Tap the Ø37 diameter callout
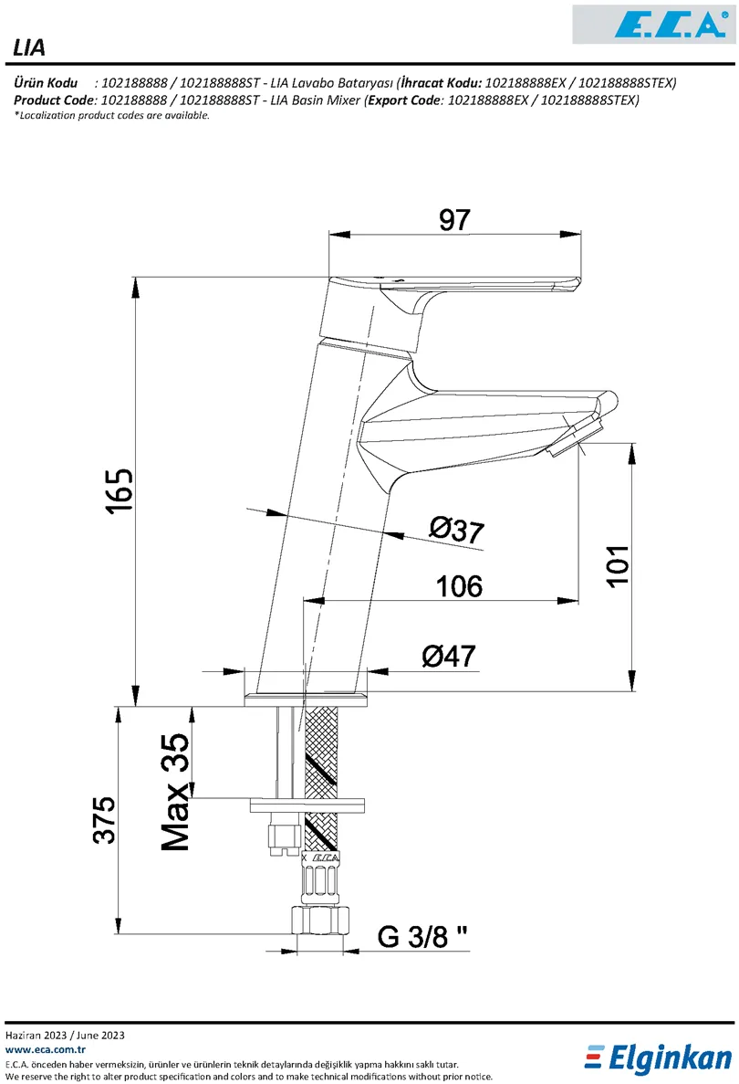[x=455, y=529]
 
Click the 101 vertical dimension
[x=618, y=567]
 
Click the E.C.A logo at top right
[x=652, y=24]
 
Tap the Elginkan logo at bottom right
[x=659, y=1057]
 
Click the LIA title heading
[x=30, y=48]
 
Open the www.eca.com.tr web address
[x=45, y=1050]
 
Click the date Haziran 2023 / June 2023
[x=65, y=1036]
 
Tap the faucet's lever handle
[x=474, y=287]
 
